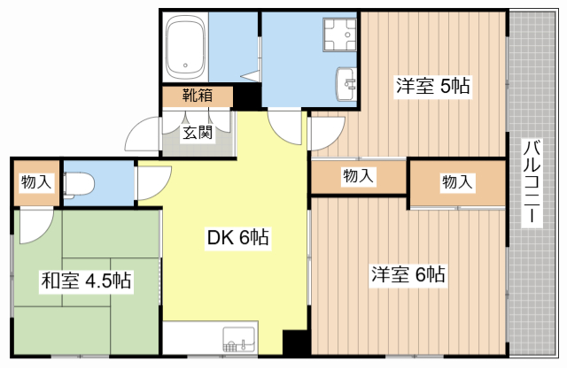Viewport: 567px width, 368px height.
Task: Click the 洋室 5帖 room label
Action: tap(433, 86)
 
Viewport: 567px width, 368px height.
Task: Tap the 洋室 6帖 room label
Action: tap(408, 274)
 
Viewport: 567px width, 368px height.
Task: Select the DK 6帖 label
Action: tap(238, 237)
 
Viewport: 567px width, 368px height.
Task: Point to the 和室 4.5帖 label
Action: tap(86, 280)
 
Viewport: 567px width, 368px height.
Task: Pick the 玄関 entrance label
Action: tap(197, 133)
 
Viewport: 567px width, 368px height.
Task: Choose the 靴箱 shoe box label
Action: tap(197, 96)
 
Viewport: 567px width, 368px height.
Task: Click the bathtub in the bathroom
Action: tap(185, 47)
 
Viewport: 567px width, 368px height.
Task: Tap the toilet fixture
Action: tap(79, 185)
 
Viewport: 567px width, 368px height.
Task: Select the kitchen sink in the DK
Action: tap(239, 339)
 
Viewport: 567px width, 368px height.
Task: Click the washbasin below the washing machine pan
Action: tap(346, 84)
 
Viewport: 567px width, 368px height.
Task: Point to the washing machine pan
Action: tap(339, 34)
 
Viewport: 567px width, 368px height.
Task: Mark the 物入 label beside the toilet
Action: tap(36, 181)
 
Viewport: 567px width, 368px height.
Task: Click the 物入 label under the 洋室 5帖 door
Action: tap(358, 176)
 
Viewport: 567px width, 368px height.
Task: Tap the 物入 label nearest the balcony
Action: tap(457, 181)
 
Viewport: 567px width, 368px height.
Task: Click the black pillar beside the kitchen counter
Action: tap(297, 342)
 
